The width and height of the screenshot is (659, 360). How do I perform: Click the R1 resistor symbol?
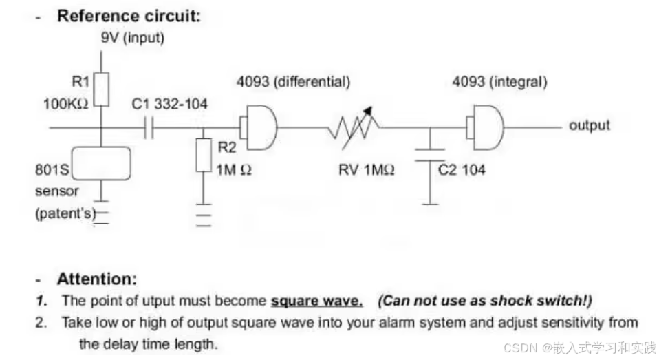(102, 88)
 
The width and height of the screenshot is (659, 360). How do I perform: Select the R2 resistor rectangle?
(204, 155)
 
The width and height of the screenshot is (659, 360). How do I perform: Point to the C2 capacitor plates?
(430, 153)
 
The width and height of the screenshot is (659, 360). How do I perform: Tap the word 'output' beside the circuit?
(589, 125)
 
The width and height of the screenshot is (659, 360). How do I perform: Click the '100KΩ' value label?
(65, 105)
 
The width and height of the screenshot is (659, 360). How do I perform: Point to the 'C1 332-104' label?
(169, 105)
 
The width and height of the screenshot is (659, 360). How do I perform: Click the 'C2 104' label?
(462, 169)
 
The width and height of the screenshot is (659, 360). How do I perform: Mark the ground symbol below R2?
(204, 215)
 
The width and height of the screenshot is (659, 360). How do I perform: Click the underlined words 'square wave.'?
(317, 301)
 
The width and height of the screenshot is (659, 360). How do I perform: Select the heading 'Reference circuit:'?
(129, 16)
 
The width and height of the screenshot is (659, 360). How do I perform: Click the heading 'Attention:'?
(97, 279)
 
